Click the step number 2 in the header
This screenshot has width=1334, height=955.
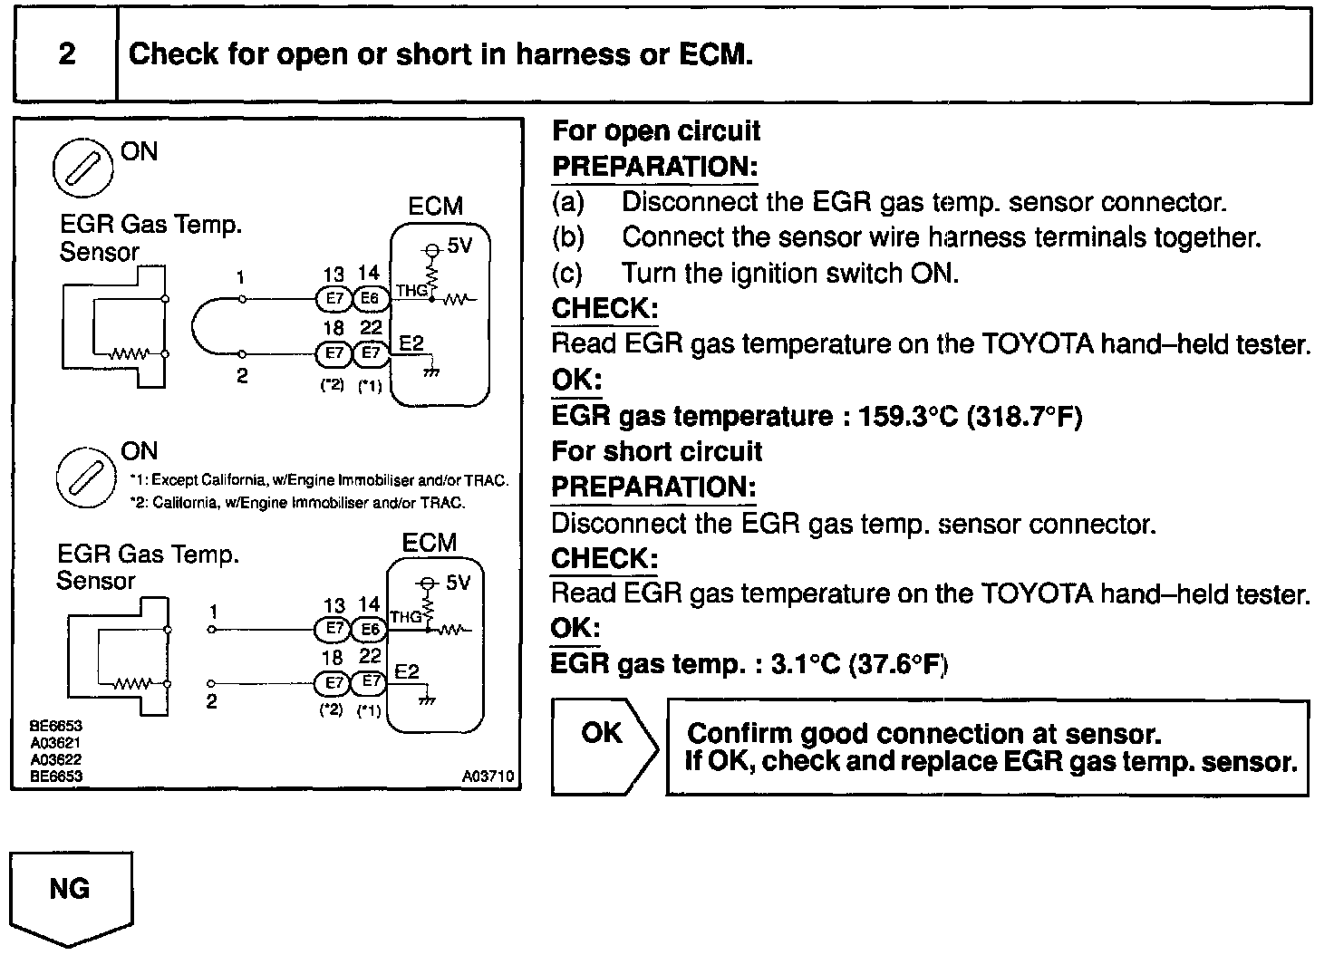67,54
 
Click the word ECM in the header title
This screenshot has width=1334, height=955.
713,54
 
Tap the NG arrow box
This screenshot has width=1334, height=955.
71,893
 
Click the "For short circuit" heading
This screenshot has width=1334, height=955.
657,451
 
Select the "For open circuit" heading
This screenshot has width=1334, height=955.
656,131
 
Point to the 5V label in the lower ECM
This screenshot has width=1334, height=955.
459,583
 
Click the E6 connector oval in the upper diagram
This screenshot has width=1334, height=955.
370,298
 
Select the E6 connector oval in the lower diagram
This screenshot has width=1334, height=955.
369,628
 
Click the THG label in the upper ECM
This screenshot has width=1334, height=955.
411,291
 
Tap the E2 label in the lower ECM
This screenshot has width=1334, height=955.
408,671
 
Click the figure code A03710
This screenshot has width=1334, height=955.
488,777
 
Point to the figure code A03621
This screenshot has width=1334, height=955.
56,744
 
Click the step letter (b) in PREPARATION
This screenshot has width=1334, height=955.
568,238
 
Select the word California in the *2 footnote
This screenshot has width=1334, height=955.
186,503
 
